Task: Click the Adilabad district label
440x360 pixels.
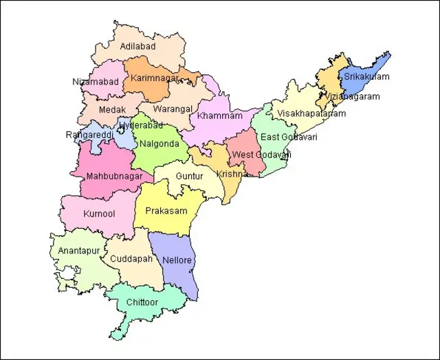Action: pyautogui.click(x=137, y=47)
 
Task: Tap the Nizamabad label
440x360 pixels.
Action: pyautogui.click(x=96, y=82)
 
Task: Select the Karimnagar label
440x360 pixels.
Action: pyautogui.click(x=155, y=78)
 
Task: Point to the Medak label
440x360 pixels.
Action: pyautogui.click(x=112, y=110)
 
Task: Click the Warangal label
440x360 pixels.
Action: pyautogui.click(x=173, y=109)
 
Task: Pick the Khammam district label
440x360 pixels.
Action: pyautogui.click(x=220, y=116)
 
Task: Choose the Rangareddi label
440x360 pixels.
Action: pyautogui.click(x=89, y=135)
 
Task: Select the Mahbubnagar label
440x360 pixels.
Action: pyautogui.click(x=115, y=177)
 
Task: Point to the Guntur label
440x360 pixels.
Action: pyautogui.click(x=190, y=177)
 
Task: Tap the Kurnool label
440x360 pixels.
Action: pyautogui.click(x=99, y=214)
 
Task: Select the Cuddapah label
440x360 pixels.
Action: pyautogui.click(x=131, y=259)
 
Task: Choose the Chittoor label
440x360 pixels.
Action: pyautogui.click(x=142, y=302)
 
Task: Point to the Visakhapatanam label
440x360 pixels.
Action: pyautogui.click(x=312, y=114)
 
